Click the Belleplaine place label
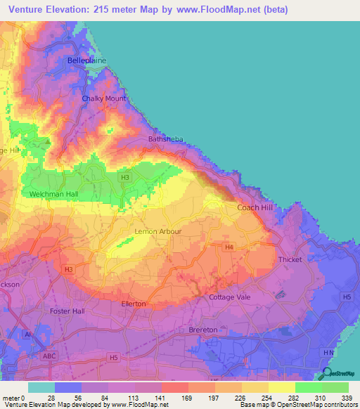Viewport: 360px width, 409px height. pos(86,61)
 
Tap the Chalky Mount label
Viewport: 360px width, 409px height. pos(103,98)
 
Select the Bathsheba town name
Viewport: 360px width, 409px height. pos(165,139)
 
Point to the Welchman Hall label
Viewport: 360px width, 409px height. pos(53,194)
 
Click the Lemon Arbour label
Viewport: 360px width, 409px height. pos(158,231)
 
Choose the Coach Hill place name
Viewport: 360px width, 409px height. pos(254,207)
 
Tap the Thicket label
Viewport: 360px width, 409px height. pos(290,259)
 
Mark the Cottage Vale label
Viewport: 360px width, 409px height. pos(229,297)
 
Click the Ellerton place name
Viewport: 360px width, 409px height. pos(134,304)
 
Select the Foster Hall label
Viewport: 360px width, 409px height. pos(67,311)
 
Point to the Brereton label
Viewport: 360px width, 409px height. pos(203,330)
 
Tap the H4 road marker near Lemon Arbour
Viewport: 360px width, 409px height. pos(229,247)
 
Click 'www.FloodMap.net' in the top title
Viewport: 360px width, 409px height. pos(219,10)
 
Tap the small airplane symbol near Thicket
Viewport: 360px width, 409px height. pos(281,294)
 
